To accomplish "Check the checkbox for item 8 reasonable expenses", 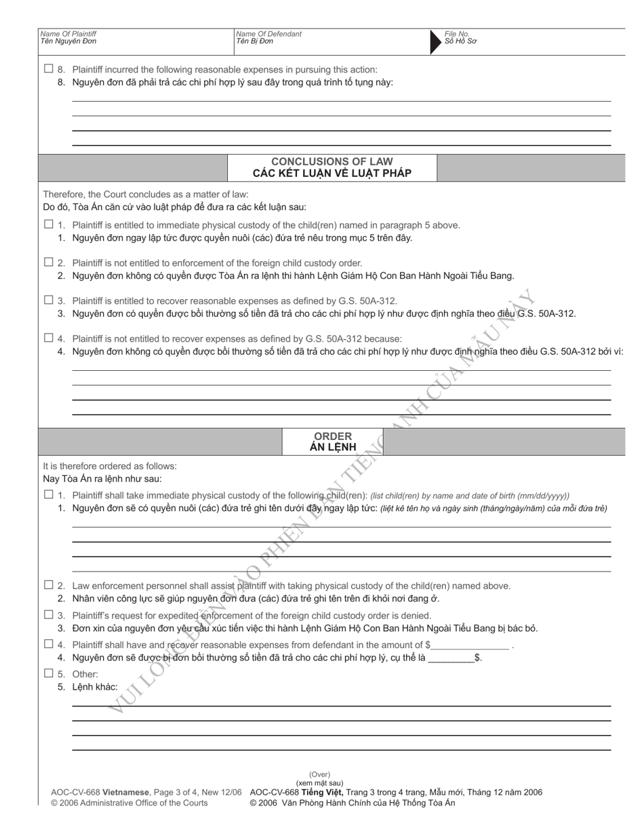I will point(48,68).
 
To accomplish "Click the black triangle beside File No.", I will point(435,42).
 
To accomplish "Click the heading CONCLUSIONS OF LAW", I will point(331,161).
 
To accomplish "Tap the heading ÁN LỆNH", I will point(332,448).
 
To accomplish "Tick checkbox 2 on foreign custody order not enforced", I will point(48,262).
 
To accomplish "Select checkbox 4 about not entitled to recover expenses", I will point(48,338).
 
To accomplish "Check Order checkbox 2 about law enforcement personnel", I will point(48,584).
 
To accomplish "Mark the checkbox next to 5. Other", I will point(48,673).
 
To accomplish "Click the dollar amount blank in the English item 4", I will point(470,646).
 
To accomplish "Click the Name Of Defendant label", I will point(268,34).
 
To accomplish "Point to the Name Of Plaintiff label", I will point(68,34).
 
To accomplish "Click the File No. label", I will point(457,34).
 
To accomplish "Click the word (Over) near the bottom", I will point(319,774).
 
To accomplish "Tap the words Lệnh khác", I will point(95,687).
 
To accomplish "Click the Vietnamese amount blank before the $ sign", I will point(451,658).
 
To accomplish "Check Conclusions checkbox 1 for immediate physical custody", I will point(48,224).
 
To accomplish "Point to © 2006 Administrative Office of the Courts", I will point(129,803).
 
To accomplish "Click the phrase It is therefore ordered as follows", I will point(110,466).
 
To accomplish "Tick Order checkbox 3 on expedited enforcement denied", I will point(48,614).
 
